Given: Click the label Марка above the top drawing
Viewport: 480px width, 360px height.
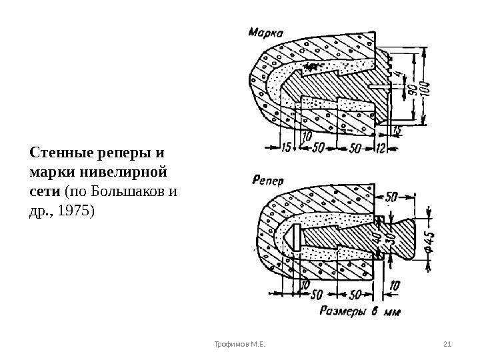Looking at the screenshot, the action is (x=266, y=31).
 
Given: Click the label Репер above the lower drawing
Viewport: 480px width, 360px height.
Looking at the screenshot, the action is (x=268, y=179).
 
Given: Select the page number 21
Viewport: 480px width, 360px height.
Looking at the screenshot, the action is (x=447, y=344).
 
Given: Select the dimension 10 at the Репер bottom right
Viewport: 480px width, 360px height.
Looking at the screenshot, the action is (x=395, y=286).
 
